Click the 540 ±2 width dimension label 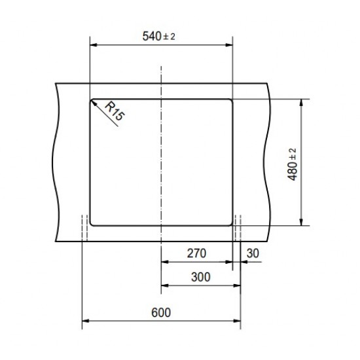(x=159, y=37)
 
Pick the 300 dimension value (x=201, y=278)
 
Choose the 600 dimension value (x=161, y=312)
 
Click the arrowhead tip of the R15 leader (x=92, y=100)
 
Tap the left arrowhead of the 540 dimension (x=91, y=45)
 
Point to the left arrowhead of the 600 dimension (x=83, y=321)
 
